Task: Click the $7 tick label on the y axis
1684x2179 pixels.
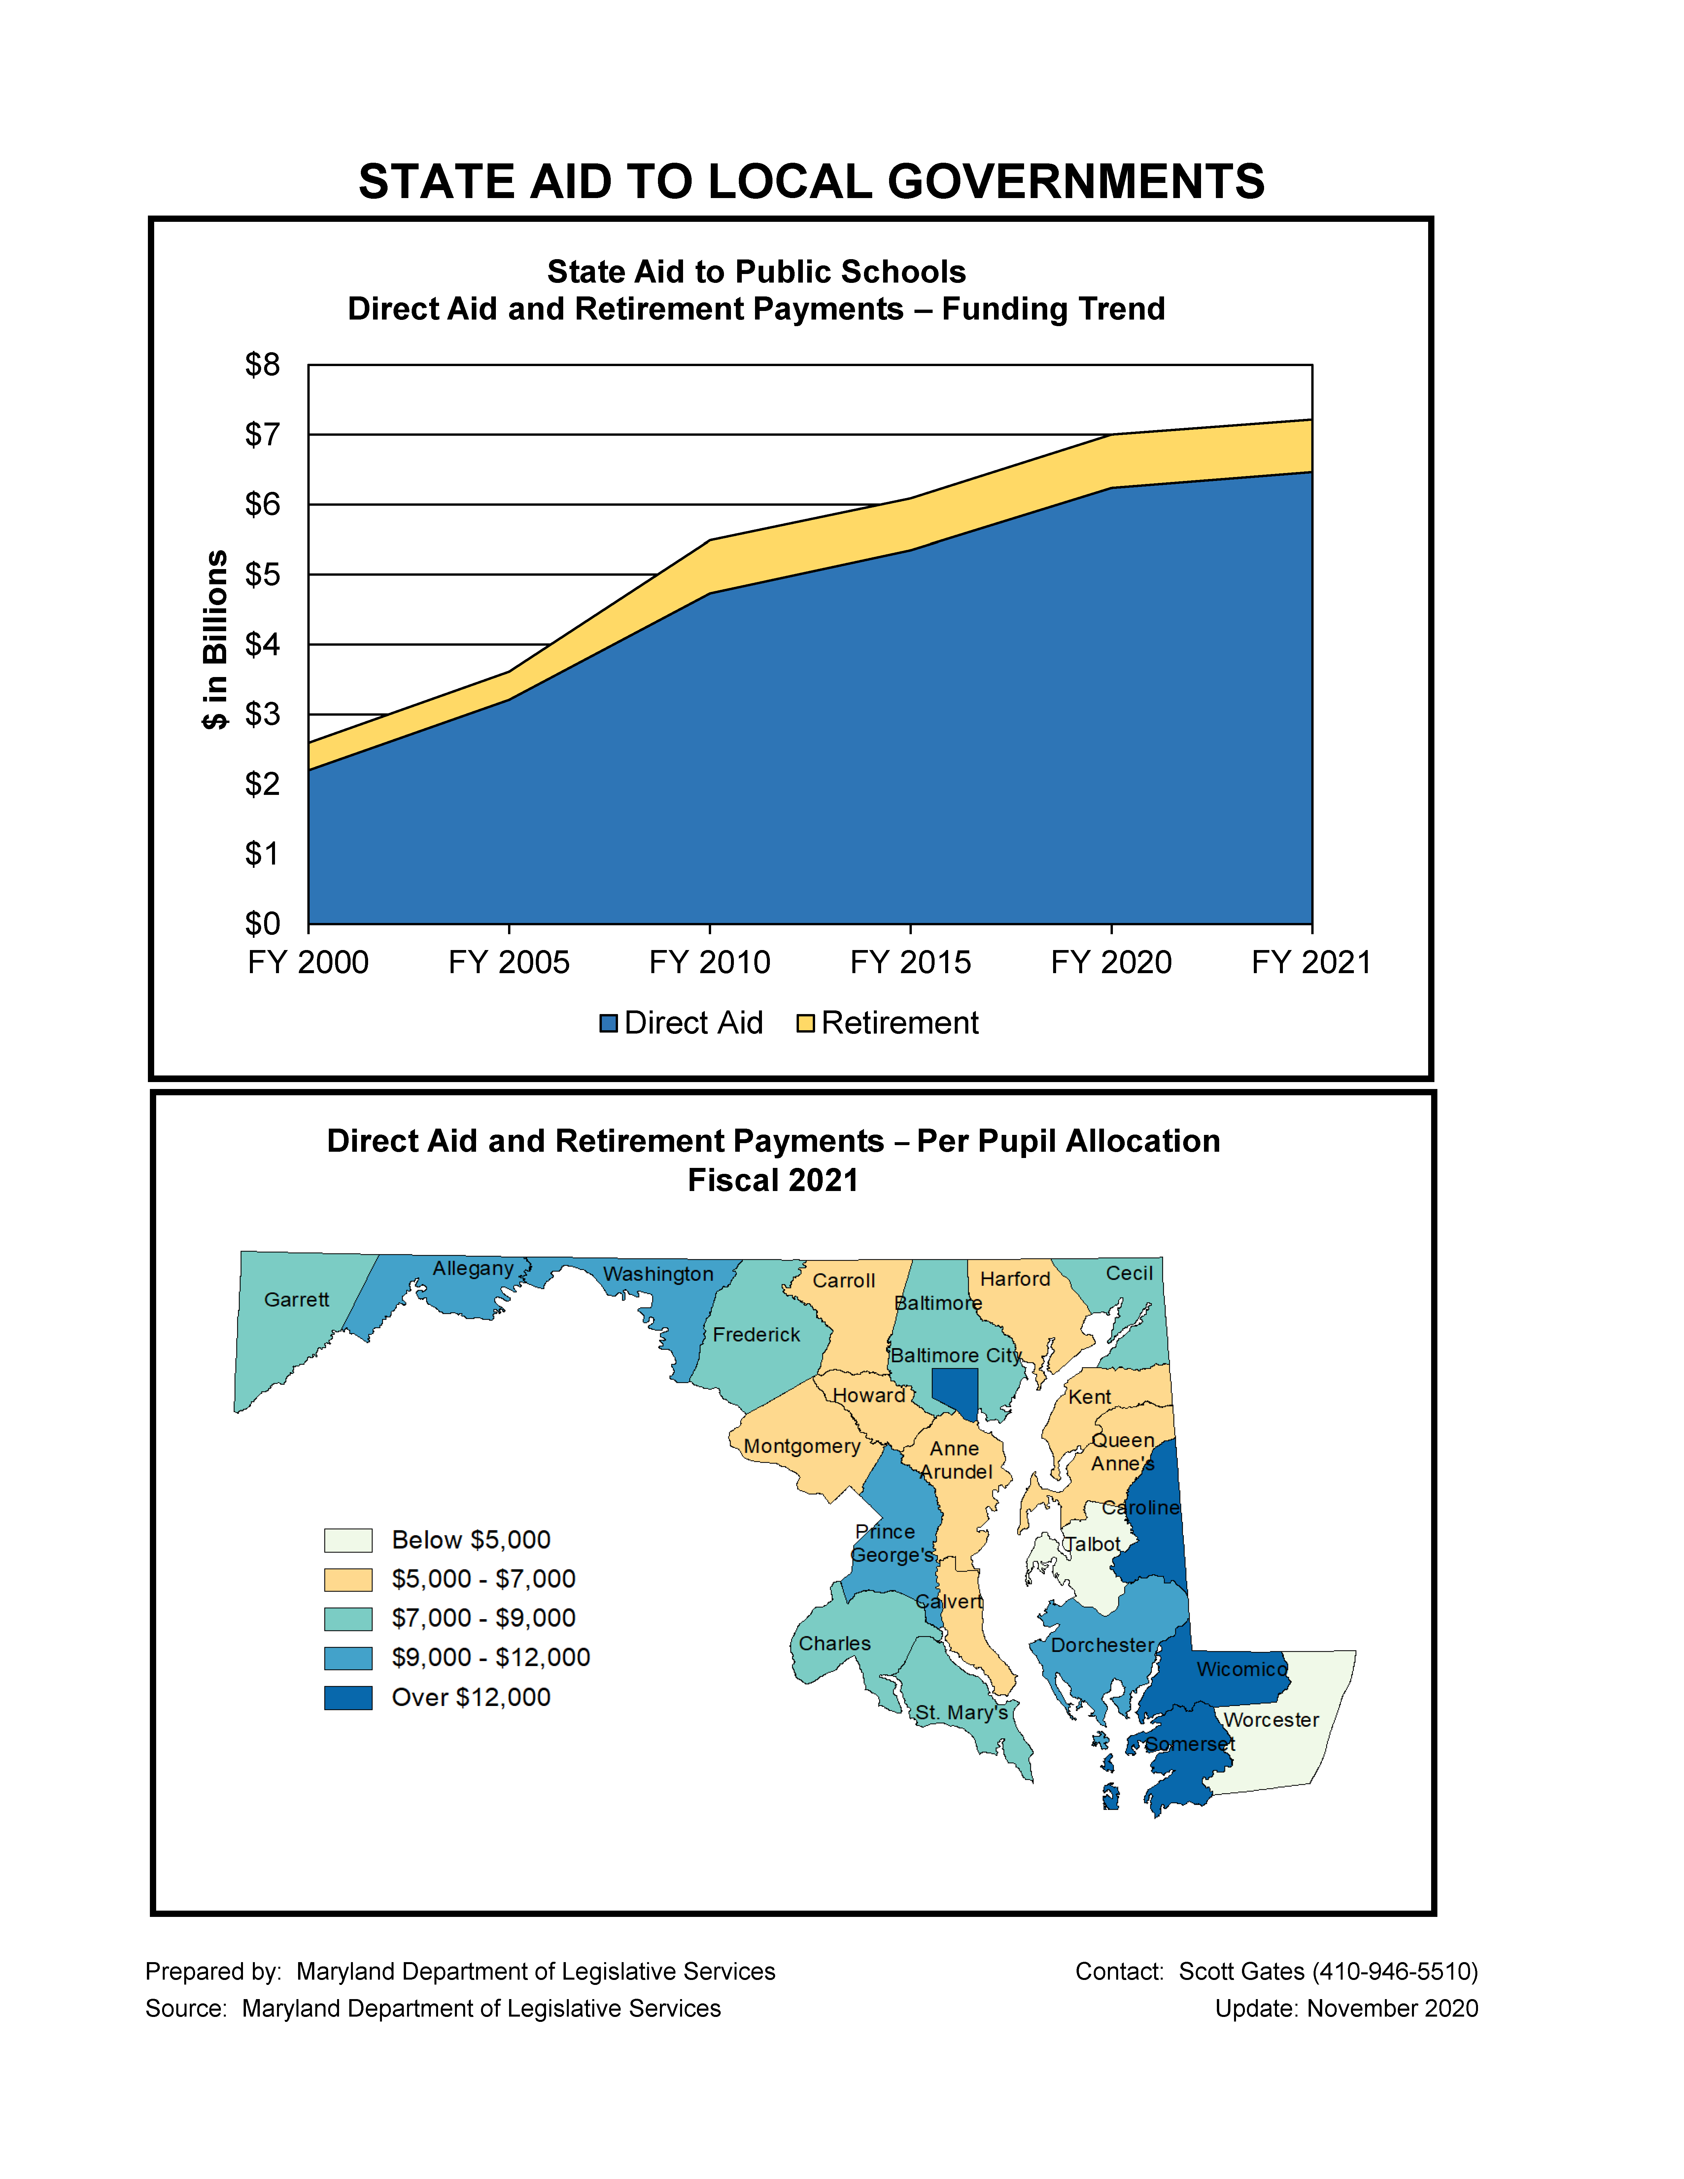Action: tap(262, 435)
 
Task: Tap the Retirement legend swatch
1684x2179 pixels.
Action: tap(805, 1024)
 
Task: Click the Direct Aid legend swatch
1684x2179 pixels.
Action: tap(608, 1024)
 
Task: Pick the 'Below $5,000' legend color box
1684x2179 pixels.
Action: tap(348, 1541)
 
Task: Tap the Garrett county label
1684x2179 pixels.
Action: tap(296, 1300)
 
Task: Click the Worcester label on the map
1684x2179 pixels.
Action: tap(1271, 1720)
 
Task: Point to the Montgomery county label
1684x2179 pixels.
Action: tap(802, 1447)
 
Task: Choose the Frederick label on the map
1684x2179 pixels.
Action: tap(756, 1335)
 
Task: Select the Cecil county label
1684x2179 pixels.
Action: tap(1129, 1273)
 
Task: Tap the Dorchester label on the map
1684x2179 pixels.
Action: tap(1102, 1645)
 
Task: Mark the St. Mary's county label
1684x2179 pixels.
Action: tap(962, 1713)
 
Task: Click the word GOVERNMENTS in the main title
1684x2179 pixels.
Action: tap(1076, 182)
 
